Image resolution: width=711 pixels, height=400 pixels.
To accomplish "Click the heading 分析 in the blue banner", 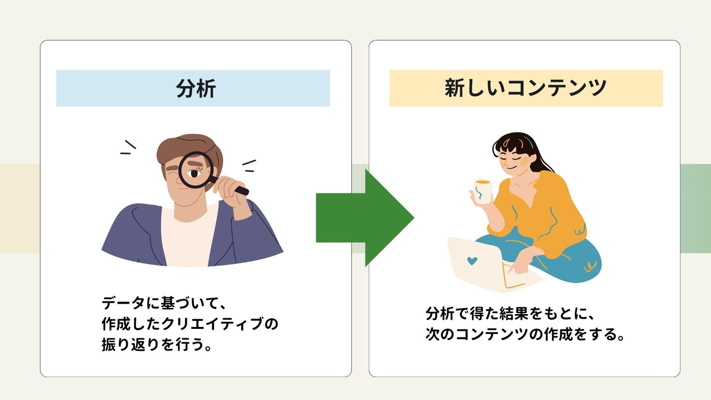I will (196, 89).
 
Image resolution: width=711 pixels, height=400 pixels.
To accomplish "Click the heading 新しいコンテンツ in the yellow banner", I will (525, 88).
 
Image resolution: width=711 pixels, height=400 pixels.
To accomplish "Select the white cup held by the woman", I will (482, 192).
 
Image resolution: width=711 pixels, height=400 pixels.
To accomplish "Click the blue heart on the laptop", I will (473, 260).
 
